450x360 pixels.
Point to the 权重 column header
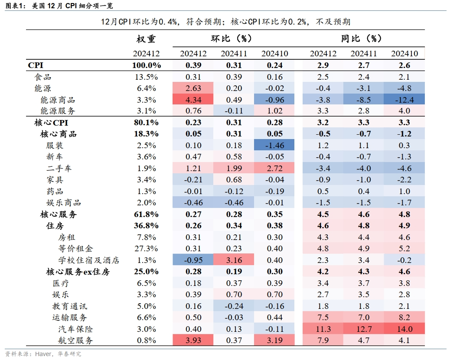(x=146, y=39)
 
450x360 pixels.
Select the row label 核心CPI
(x=51, y=123)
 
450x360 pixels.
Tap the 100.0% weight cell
(x=146, y=65)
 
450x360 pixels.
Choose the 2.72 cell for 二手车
(x=274, y=169)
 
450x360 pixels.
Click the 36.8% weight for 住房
(x=146, y=226)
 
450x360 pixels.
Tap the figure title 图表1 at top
(x=15, y=6)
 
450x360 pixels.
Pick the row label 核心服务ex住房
(x=78, y=272)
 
